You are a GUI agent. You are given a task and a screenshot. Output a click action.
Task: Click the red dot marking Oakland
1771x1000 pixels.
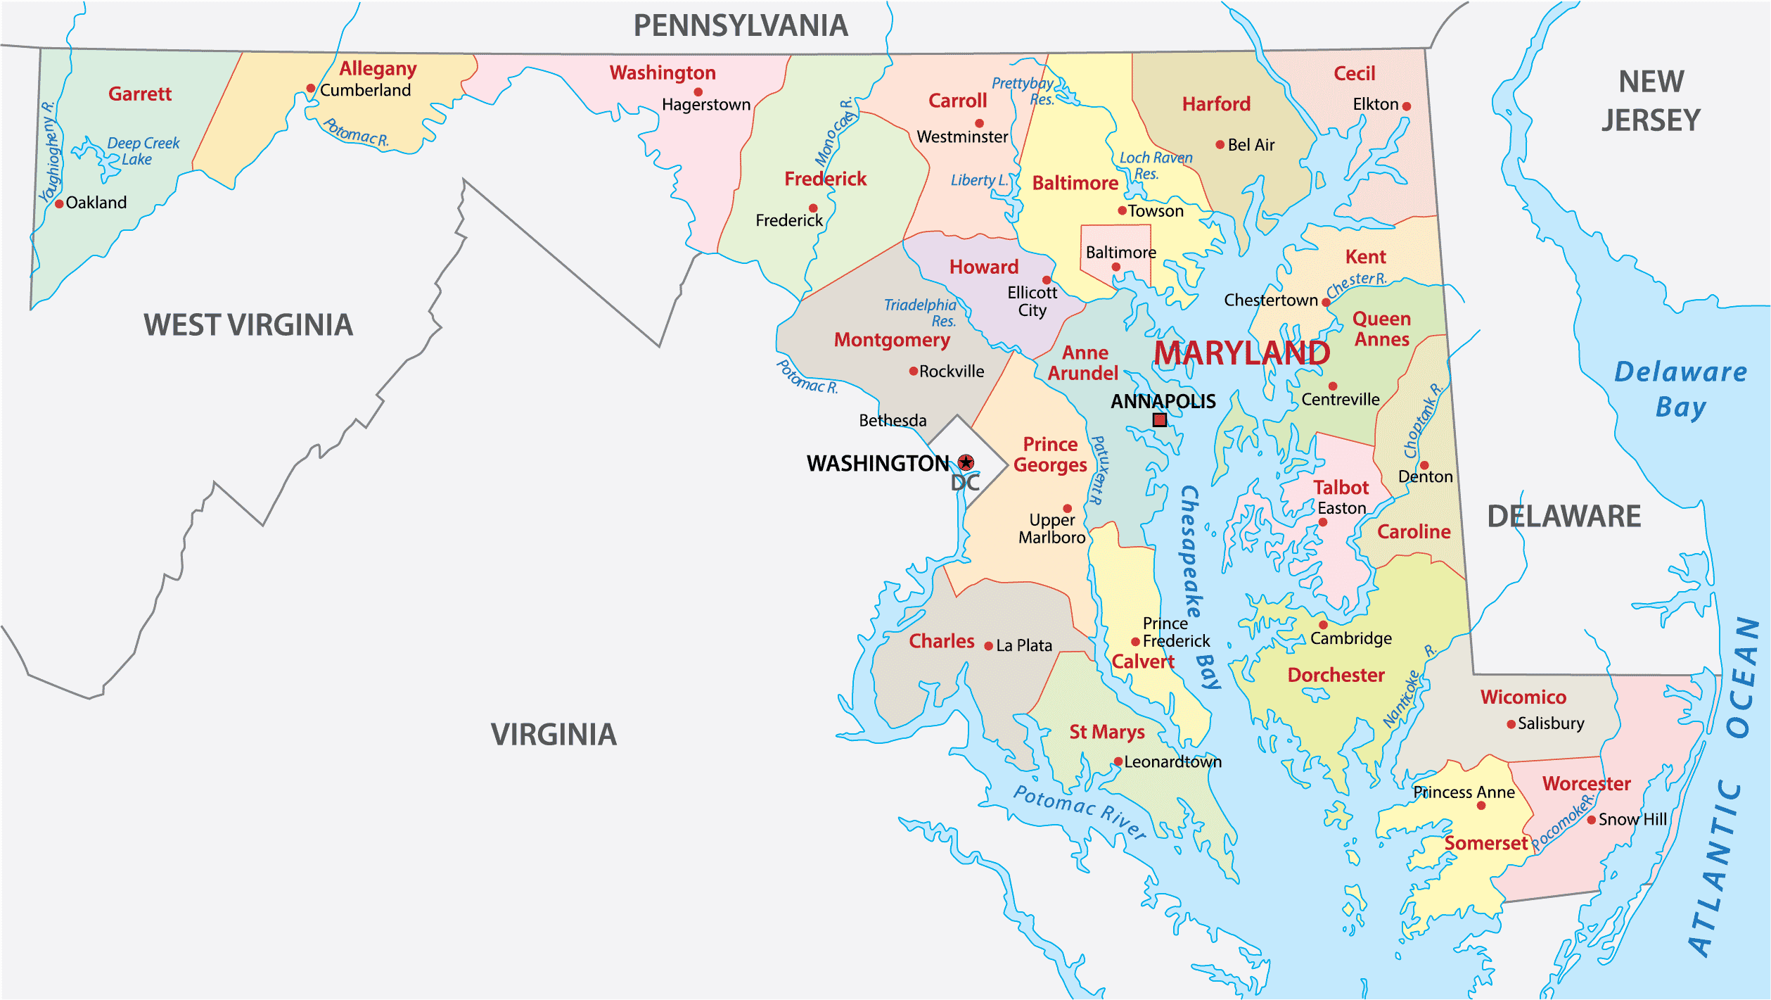coord(60,204)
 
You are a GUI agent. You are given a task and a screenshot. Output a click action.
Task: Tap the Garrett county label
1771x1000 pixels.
coord(139,94)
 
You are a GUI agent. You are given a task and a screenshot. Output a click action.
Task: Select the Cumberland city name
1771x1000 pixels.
coord(365,90)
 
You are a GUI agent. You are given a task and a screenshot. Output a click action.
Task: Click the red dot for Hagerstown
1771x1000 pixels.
coord(698,92)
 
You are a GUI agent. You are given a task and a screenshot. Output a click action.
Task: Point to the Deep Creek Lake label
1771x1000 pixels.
coord(143,151)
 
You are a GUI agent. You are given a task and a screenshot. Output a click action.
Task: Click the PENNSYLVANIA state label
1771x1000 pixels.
coord(740,26)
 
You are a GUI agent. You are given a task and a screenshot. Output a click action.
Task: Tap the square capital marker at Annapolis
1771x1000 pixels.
coord(1160,420)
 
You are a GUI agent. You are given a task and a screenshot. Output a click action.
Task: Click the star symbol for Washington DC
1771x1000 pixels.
coord(966,462)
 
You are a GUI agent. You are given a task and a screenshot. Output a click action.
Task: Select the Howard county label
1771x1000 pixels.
coord(983,267)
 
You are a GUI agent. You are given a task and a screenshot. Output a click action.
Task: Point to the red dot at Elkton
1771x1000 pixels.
coord(1406,107)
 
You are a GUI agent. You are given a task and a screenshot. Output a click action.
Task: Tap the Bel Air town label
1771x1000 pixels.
coord(1251,145)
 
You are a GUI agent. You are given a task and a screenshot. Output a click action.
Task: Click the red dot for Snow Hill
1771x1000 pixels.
coord(1591,820)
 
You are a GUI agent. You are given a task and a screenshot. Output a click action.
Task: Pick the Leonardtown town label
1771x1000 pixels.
coord(1172,761)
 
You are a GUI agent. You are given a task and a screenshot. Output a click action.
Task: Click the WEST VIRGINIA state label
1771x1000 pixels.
coord(248,325)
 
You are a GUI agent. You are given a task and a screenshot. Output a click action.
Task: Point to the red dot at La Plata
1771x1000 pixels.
coord(988,646)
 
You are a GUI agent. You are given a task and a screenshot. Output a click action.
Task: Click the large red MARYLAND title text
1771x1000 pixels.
coord(1241,353)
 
